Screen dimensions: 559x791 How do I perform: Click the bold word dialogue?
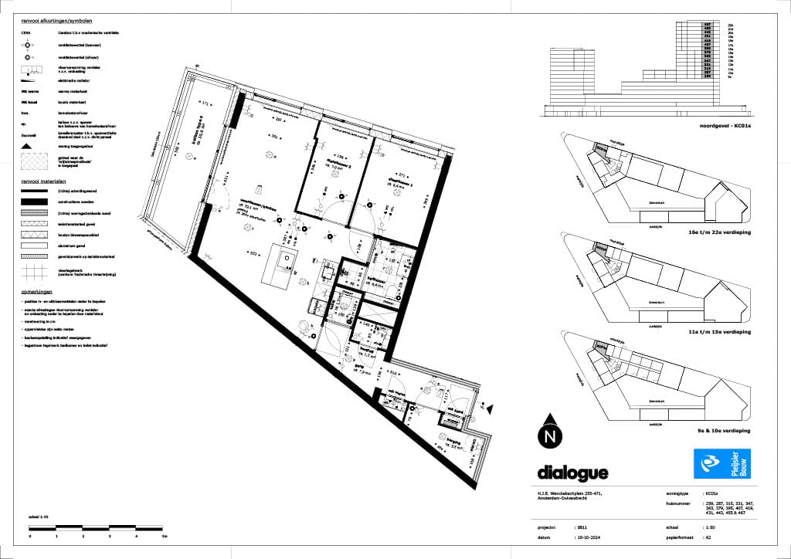click(x=572, y=473)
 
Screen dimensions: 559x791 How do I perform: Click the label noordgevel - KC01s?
click(x=725, y=125)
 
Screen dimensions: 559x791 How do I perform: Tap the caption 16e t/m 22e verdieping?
click(x=723, y=232)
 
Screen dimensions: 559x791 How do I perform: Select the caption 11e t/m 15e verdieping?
click(x=723, y=331)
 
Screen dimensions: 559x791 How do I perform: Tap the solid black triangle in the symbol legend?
click(x=27, y=145)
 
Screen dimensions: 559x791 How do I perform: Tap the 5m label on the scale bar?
click(x=164, y=534)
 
